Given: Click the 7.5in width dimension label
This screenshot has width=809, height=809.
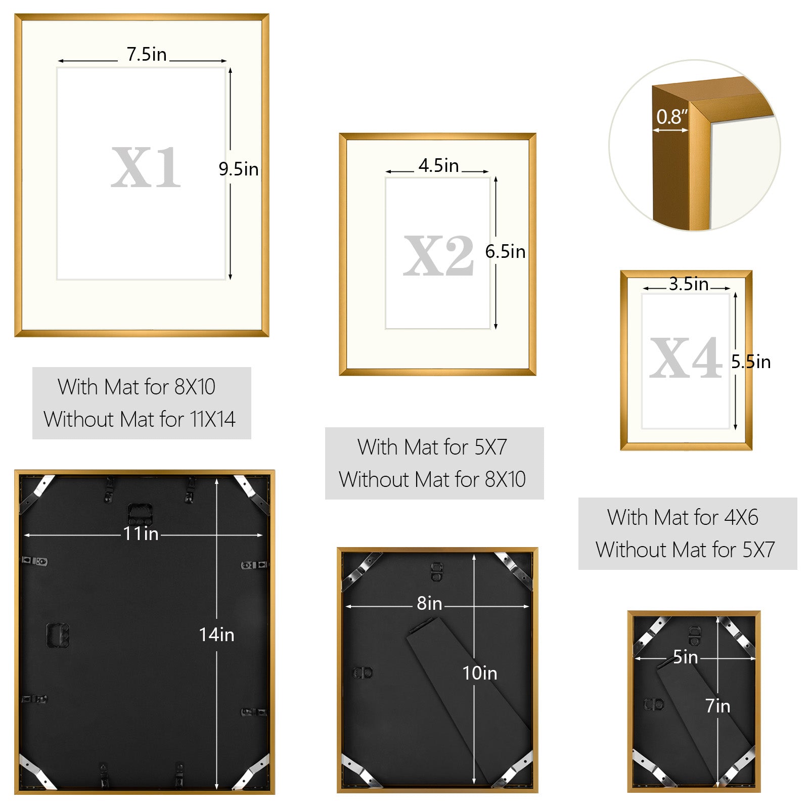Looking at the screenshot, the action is point(147,54).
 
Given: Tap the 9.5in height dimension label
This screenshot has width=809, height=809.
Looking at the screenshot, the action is point(238,169).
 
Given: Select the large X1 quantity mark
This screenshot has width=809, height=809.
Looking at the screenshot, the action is point(146,167).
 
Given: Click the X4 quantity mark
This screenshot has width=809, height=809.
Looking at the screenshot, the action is point(686,358).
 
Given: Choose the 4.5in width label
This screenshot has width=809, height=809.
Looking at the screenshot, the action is point(438,165).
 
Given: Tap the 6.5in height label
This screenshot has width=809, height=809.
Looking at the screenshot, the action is point(505,251).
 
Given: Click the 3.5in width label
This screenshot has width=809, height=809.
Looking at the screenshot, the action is point(689,284).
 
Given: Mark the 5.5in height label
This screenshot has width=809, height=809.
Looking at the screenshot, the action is point(751,362).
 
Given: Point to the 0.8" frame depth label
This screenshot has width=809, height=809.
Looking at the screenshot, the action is point(672,117).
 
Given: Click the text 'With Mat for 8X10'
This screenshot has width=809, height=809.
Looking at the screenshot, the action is point(137,387).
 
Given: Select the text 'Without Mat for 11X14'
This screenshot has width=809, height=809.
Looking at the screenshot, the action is point(140,419).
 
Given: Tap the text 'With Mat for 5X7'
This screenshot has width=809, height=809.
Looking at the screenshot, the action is point(432,447).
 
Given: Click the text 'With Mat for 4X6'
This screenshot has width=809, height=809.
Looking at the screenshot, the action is point(683,517).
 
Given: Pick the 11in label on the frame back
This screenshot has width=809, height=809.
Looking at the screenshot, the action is point(141,534).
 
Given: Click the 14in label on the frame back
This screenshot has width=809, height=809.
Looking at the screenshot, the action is point(216,635).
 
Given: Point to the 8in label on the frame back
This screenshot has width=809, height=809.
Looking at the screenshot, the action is point(429,603).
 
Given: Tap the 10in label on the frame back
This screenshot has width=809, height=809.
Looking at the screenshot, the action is point(480,673).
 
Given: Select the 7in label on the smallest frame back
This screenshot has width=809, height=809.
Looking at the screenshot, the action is point(718,706).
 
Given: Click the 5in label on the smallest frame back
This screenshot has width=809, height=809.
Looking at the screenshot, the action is point(686,657).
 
